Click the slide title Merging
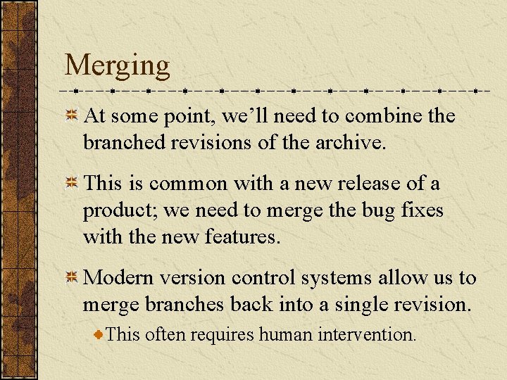117,66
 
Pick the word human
284,334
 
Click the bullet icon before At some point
71,116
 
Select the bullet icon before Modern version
71,279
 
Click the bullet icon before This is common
71,184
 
